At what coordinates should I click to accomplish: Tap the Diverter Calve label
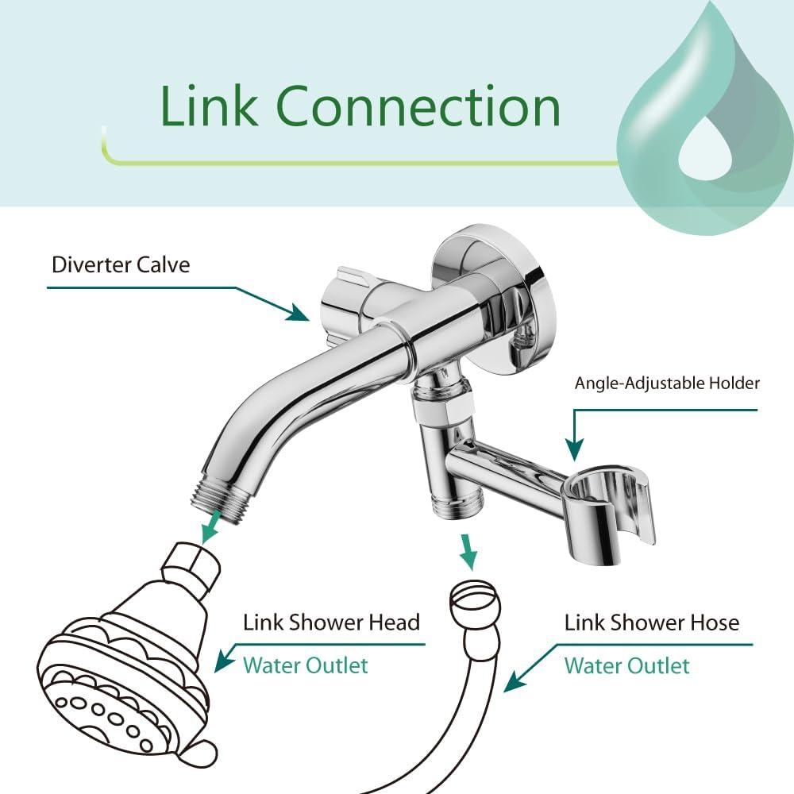click(121, 264)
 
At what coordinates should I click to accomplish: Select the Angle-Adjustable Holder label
click(667, 384)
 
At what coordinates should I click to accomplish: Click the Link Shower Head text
click(331, 622)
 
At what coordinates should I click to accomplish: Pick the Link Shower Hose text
click(651, 622)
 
